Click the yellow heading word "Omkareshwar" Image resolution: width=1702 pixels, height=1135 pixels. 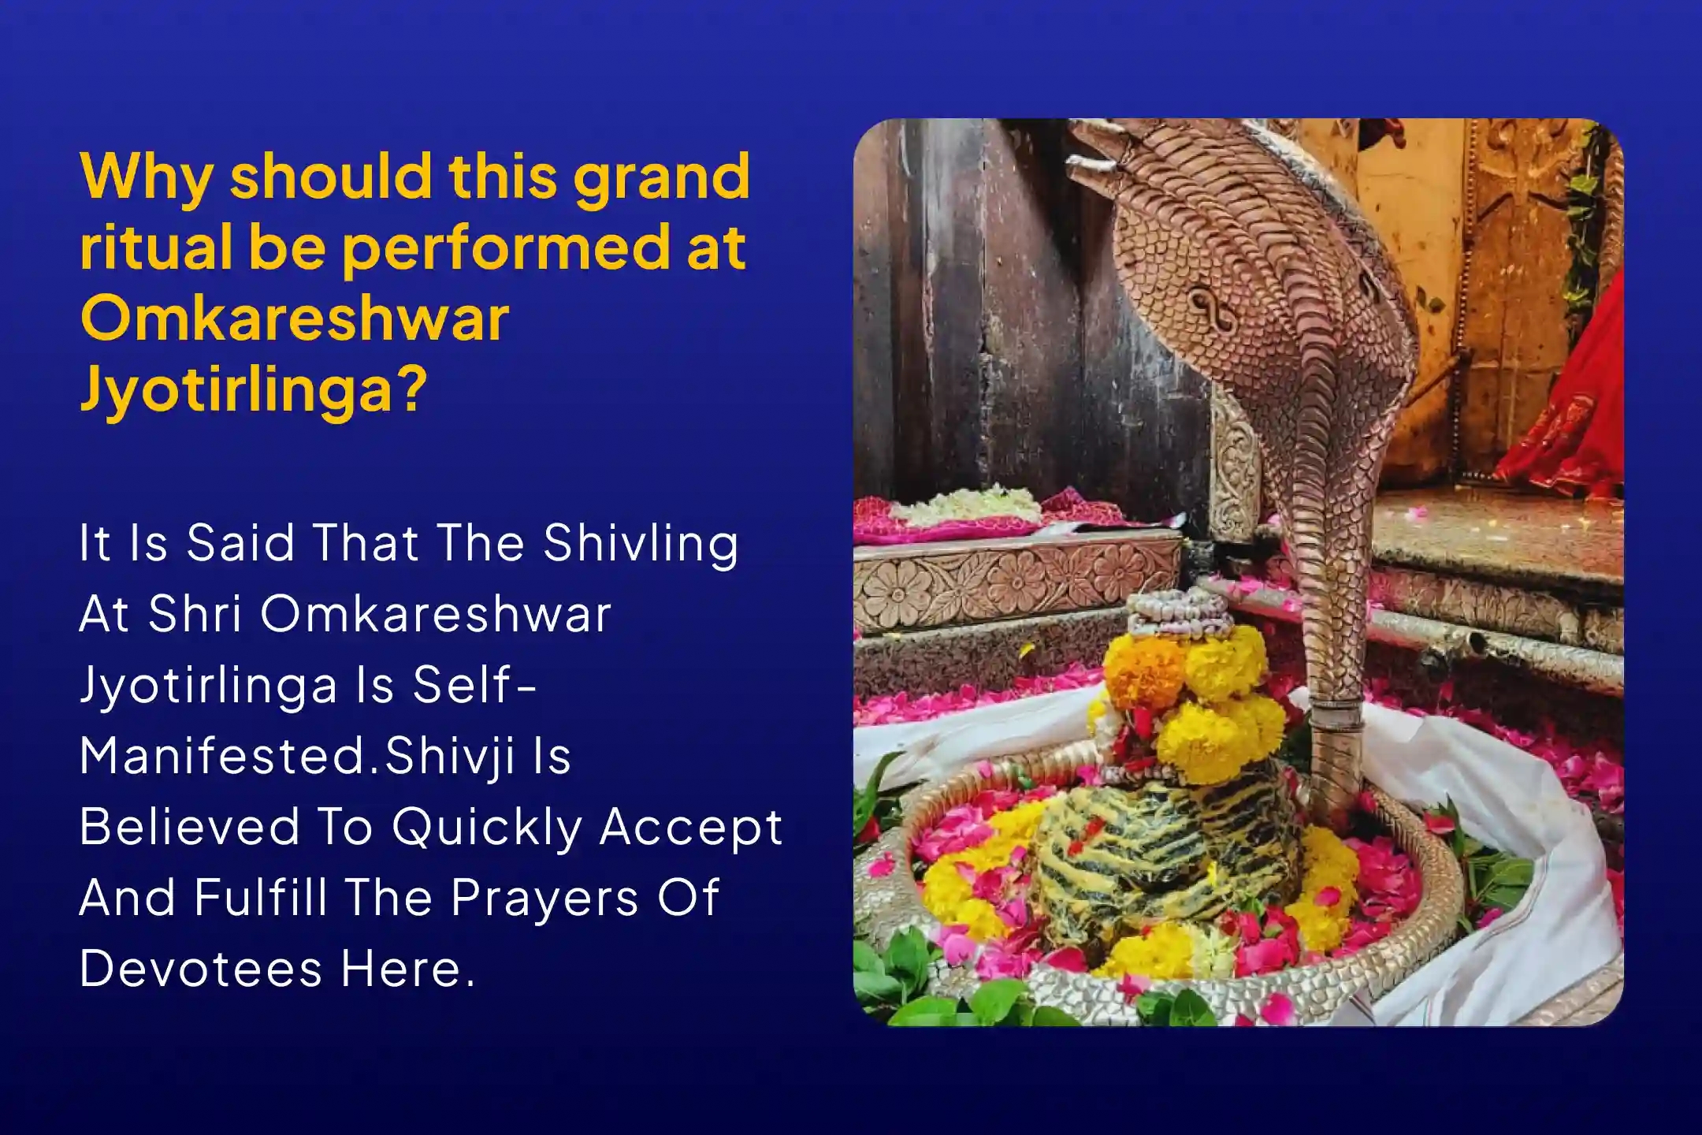tap(295, 318)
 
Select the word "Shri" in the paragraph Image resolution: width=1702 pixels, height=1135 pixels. tap(195, 614)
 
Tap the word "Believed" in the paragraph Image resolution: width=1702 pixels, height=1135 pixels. tap(189, 827)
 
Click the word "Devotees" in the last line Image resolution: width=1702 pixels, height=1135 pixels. tap(200, 969)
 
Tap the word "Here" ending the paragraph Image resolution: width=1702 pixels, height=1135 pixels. tap(408, 969)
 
